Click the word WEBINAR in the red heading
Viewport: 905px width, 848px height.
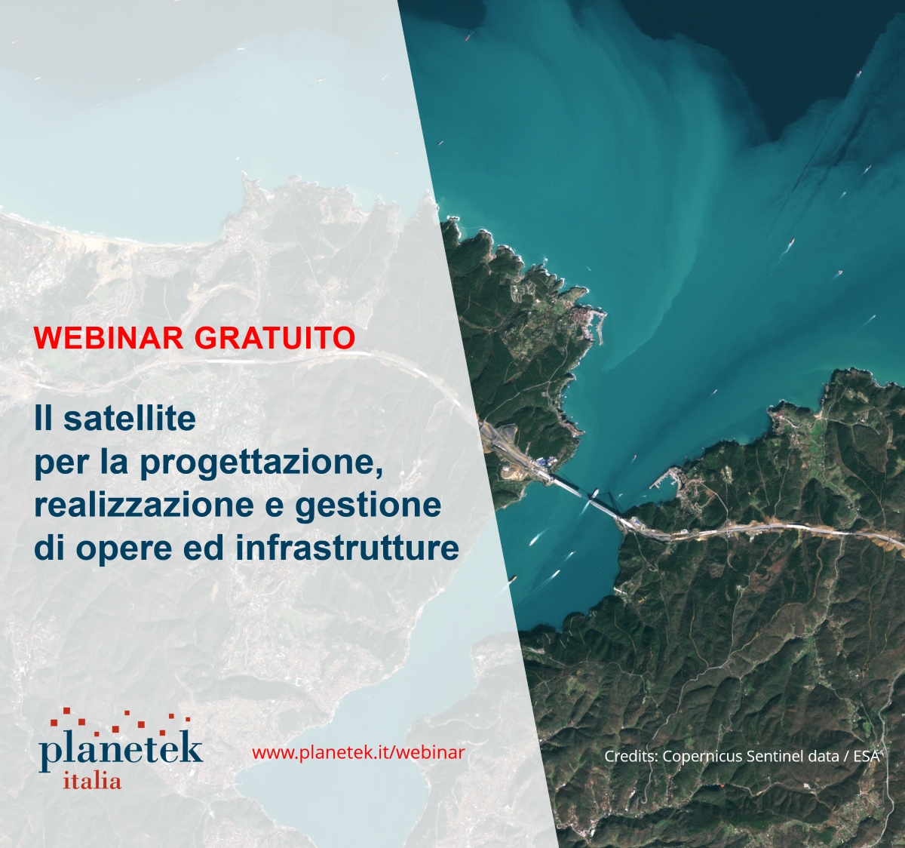pos(109,338)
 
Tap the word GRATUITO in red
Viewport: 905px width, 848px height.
pos(275,338)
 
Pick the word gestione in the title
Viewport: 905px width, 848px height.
pos(368,506)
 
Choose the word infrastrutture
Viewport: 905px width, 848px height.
pos(347,548)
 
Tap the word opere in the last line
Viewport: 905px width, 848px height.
pos(124,549)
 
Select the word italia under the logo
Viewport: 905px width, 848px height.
pos(93,781)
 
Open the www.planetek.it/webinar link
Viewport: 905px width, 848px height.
pos(358,752)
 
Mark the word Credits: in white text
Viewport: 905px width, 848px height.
pos(631,756)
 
